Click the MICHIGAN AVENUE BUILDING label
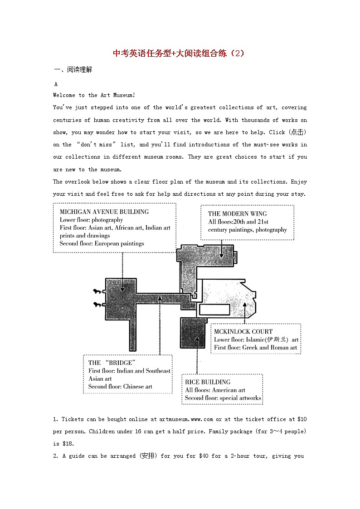[104, 212]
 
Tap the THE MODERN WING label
[237, 213]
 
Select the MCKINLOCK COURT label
[243, 331]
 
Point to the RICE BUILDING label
[208, 382]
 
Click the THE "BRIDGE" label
[112, 363]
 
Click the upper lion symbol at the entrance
[97, 291]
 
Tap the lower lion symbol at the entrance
[97, 305]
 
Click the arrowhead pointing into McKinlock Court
[245, 304]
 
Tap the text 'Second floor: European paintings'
[102, 243]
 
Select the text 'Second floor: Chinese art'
[120, 387]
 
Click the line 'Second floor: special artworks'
[223, 398]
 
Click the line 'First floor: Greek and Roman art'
[256, 348]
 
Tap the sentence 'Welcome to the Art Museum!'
[94, 95]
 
